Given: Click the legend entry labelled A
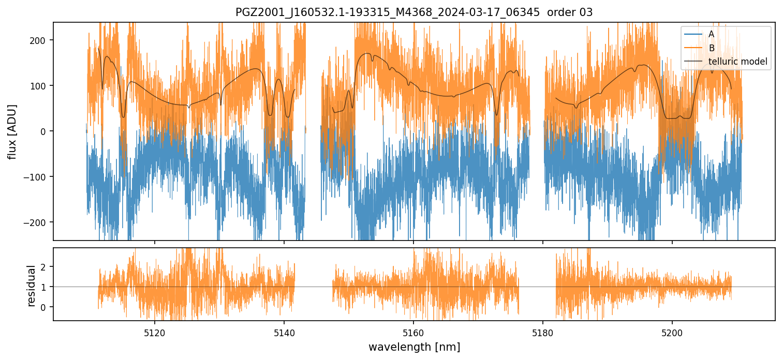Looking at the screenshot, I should click(x=711, y=34).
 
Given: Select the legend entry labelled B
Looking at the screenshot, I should click(x=712, y=48).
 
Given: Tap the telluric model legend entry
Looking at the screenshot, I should click(x=737, y=62).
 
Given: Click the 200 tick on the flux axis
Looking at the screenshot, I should click(x=40, y=40).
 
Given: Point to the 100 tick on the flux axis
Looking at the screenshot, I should click(x=40, y=86).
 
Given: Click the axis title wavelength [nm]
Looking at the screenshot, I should click(x=414, y=347).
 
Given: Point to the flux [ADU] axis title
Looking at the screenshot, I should click(x=12, y=131).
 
